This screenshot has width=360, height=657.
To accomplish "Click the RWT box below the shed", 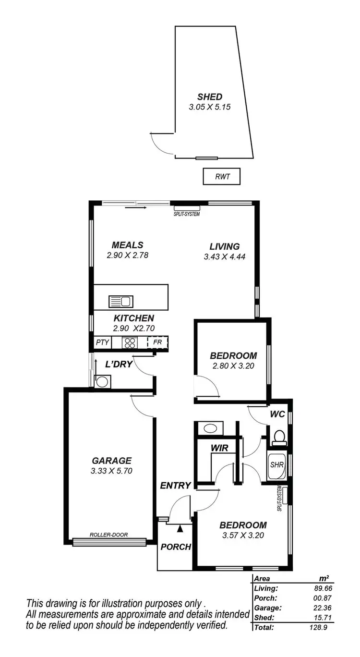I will [221, 177].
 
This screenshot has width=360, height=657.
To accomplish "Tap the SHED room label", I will [210, 97].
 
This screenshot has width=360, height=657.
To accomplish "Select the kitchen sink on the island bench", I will [120, 302].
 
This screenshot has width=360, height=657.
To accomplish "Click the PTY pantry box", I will [102, 342].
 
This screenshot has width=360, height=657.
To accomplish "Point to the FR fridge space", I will [158, 342].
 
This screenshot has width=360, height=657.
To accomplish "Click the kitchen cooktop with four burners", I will [130, 342].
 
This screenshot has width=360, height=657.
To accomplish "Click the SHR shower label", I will [276, 465].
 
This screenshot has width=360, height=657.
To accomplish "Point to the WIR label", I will [219, 448].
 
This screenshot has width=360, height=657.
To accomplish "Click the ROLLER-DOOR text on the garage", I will [108, 535].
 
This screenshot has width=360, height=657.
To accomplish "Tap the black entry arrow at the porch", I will [180, 529].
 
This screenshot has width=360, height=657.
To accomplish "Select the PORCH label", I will [176, 547].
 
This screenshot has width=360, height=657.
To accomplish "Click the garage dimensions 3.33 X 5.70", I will [111, 471].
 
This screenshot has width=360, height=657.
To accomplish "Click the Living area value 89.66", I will [322, 588].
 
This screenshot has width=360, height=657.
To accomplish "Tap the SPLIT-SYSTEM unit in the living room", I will [187, 208].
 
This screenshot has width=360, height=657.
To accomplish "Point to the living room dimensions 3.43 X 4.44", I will [224, 257].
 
